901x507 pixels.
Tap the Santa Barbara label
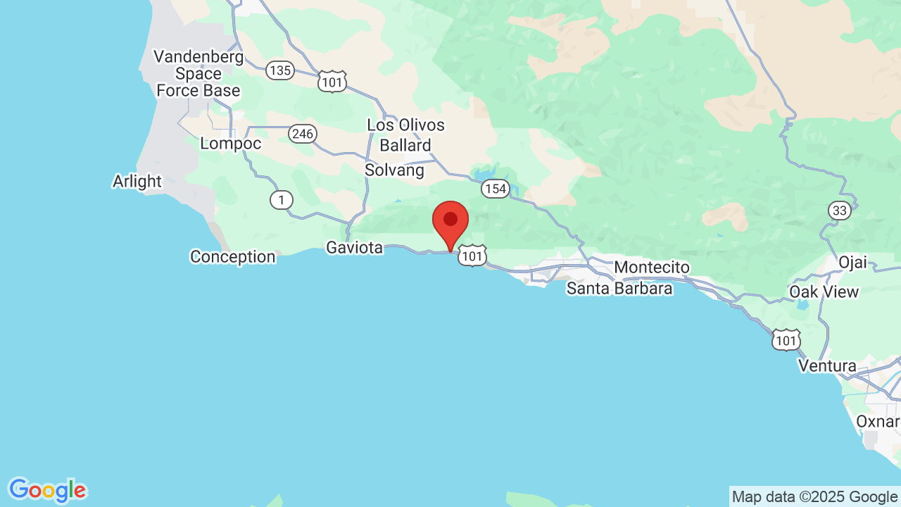click(x=619, y=288)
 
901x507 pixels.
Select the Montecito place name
click(x=652, y=268)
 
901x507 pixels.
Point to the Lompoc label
click(x=231, y=144)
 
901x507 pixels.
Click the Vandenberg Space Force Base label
click(x=199, y=73)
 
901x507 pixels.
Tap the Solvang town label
click(x=394, y=170)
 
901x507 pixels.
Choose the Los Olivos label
click(x=406, y=125)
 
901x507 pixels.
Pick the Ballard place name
click(x=405, y=146)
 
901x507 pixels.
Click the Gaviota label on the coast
click(x=354, y=248)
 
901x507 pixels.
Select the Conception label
click(x=233, y=257)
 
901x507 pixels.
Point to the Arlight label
click(x=137, y=182)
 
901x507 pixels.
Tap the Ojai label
click(x=852, y=263)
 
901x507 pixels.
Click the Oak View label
click(x=824, y=292)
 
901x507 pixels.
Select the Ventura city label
click(x=827, y=366)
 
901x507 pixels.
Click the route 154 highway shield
click(x=496, y=189)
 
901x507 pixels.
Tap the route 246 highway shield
click(x=303, y=134)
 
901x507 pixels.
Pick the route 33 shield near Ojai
click(x=840, y=211)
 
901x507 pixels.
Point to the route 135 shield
click(x=280, y=70)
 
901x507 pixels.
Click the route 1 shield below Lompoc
click(x=281, y=201)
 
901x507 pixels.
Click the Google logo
click(x=47, y=490)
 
